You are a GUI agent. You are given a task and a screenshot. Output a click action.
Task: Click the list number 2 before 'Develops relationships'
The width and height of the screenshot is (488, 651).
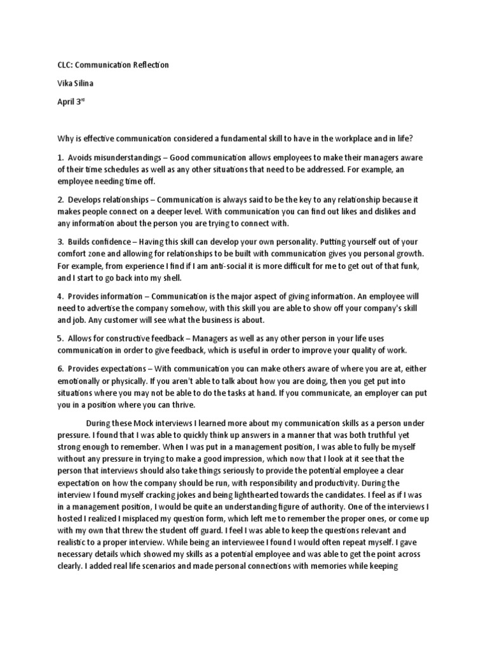(x=60, y=200)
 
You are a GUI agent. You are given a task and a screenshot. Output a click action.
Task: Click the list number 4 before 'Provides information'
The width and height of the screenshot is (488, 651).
(x=60, y=296)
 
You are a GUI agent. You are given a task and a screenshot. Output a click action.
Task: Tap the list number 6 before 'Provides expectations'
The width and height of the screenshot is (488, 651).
(x=60, y=368)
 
